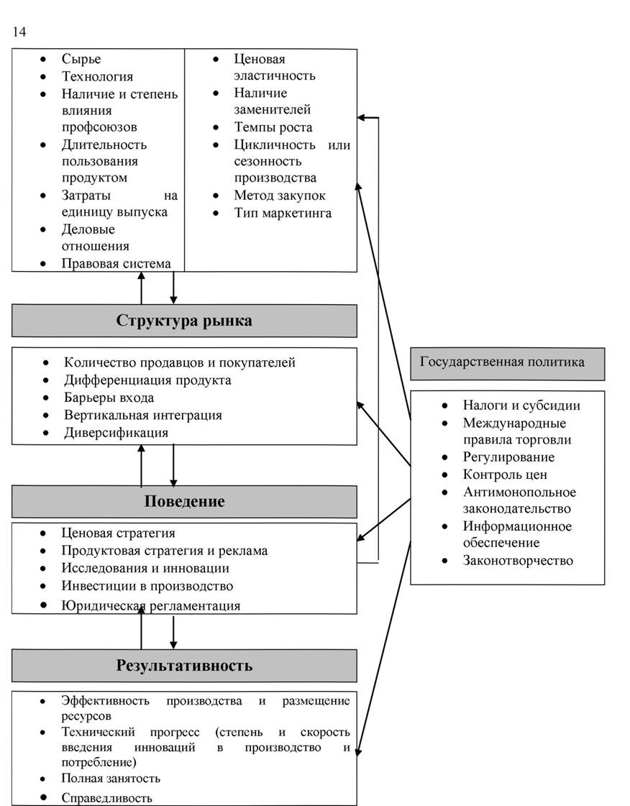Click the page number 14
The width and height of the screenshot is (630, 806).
[19, 32]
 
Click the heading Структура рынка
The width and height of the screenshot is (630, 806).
[184, 321]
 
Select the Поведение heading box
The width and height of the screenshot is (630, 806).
[184, 501]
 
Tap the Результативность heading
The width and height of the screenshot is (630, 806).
[184, 666]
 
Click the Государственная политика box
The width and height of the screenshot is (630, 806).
[508, 364]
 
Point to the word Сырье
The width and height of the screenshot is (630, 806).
[81, 59]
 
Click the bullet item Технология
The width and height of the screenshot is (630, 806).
[97, 77]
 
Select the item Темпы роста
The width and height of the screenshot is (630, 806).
[273, 127]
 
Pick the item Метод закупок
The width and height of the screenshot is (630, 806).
[280, 196]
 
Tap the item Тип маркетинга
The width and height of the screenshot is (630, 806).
[283, 214]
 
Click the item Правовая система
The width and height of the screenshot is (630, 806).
[117, 264]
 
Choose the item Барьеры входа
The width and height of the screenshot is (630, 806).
[109, 398]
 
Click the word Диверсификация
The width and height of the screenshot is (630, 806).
[117, 433]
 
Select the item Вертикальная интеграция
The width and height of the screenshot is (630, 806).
[143, 416]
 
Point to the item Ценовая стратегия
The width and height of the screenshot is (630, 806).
[118, 533]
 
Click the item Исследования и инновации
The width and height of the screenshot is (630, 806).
[145, 568]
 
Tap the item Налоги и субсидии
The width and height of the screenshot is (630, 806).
[521, 406]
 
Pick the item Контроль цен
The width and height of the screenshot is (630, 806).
[505, 475]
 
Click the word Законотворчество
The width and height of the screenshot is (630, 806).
[518, 560]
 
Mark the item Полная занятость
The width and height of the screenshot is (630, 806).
[111, 779]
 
